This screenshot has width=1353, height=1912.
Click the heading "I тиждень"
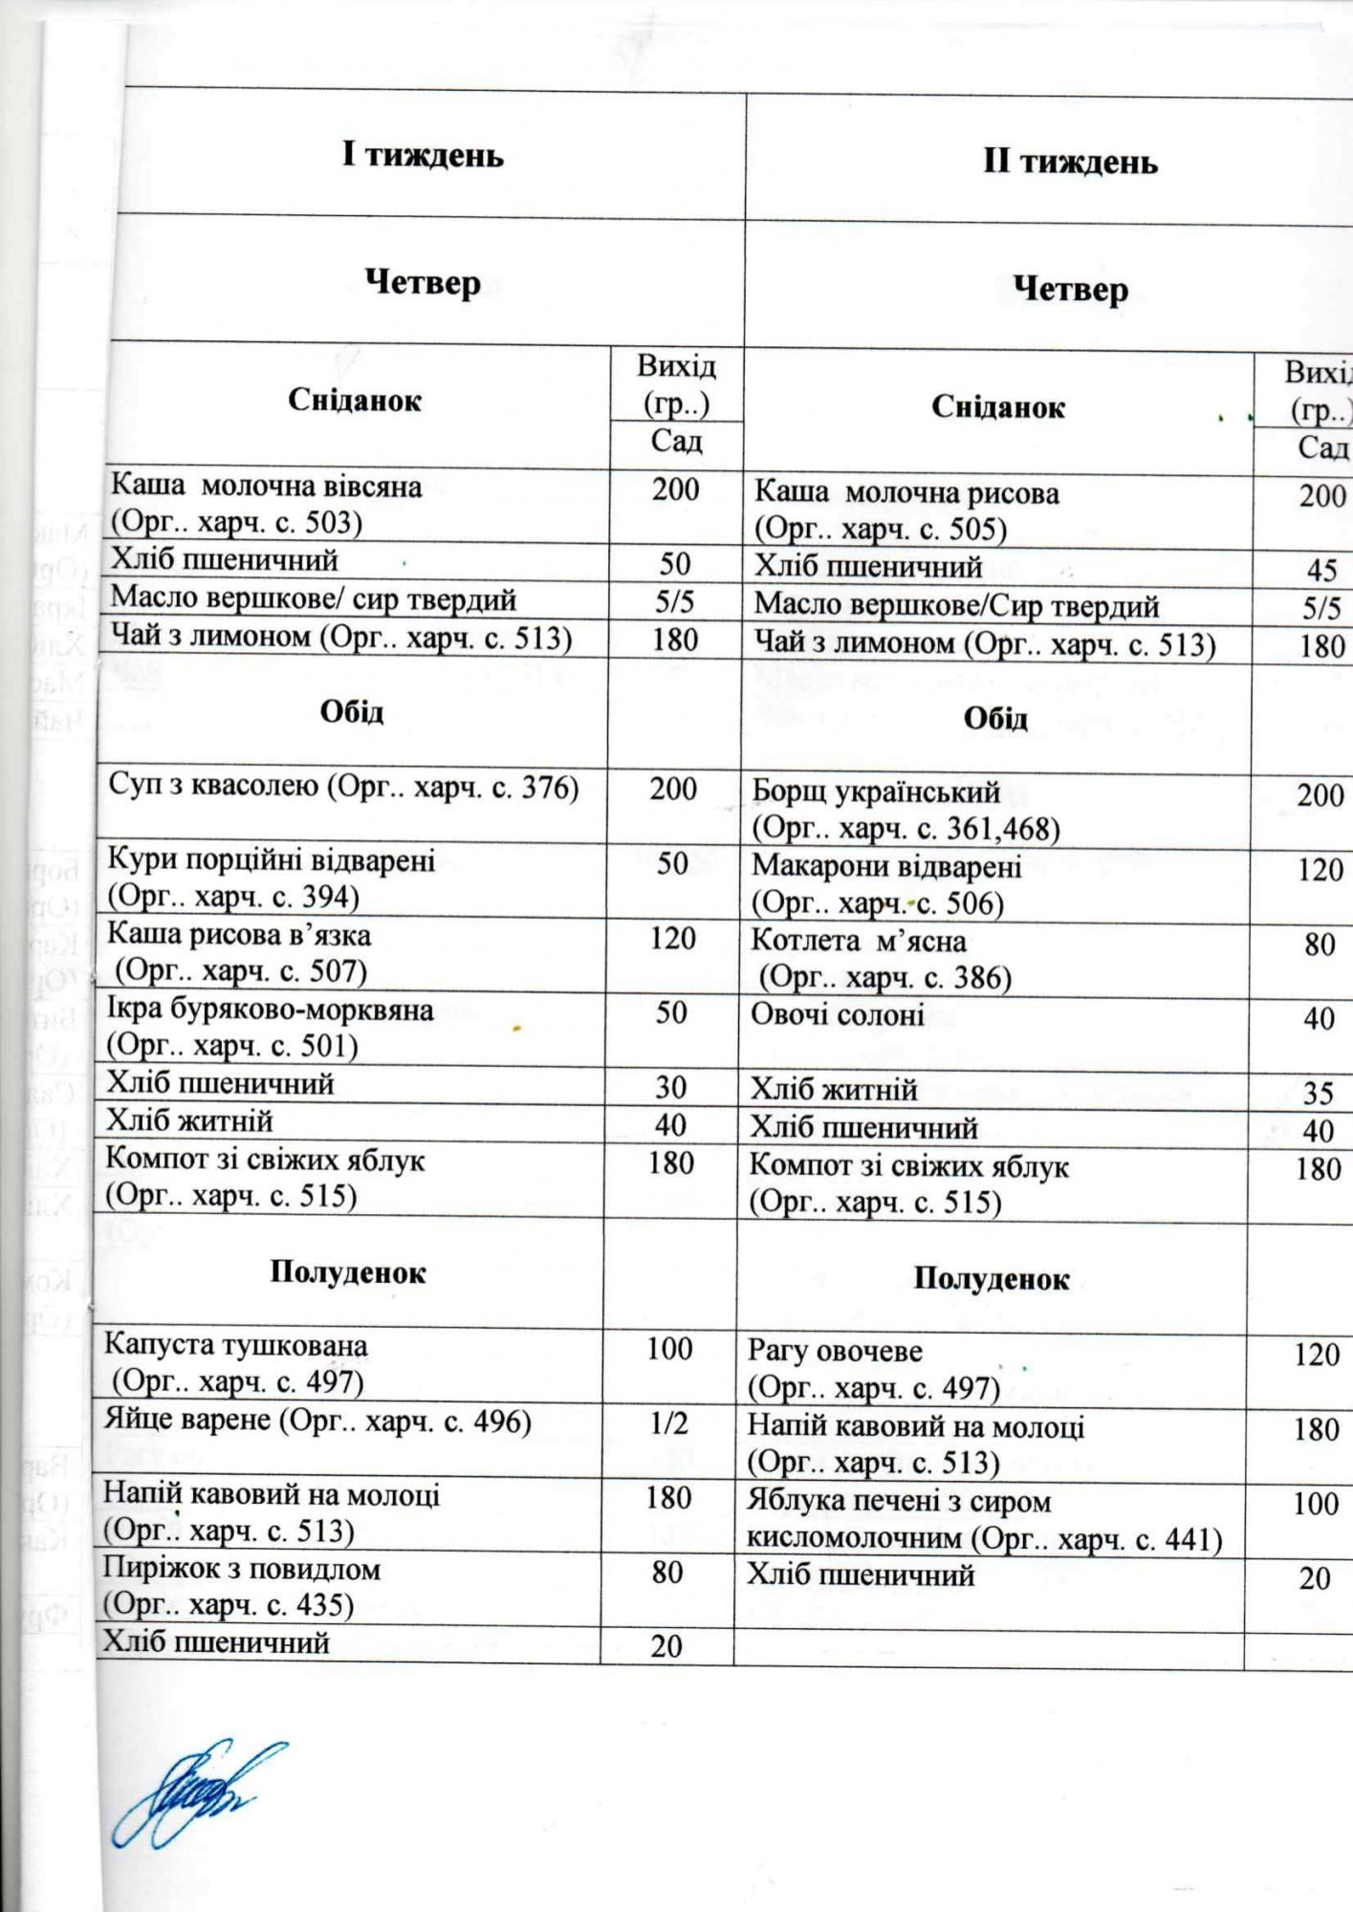(424, 155)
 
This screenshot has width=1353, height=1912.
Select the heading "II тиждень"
(1070, 162)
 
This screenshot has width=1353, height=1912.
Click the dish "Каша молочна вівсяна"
(266, 487)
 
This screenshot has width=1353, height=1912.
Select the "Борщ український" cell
(875, 793)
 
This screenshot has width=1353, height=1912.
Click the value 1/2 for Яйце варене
(668, 1424)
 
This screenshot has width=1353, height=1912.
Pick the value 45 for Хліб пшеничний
(1321, 571)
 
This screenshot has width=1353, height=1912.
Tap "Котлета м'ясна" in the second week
(858, 943)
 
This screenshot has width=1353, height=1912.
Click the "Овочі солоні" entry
(837, 1015)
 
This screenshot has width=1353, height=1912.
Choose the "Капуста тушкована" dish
(235, 1346)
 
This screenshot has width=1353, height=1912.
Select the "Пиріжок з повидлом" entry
(241, 1570)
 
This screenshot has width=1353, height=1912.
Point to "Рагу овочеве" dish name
(835, 1353)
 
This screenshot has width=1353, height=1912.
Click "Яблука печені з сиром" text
(899, 1502)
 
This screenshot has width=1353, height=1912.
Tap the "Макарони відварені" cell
(885, 867)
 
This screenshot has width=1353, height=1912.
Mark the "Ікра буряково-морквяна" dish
(270, 1010)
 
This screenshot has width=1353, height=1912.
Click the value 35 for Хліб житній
(1319, 1094)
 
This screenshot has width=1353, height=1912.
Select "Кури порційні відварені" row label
(271, 860)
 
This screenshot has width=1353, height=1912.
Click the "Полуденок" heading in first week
(348, 1272)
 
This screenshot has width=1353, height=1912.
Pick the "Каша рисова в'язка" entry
(238, 935)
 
